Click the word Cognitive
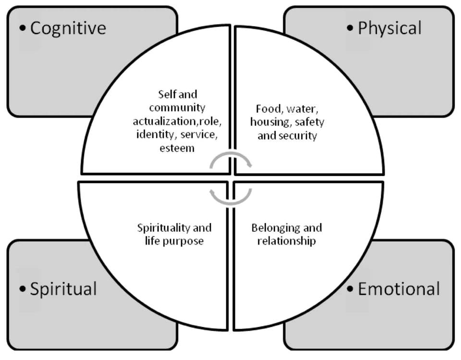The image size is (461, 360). coord(68,29)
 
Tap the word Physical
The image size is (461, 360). coord(389,29)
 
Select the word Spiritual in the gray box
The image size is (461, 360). coord(63,289)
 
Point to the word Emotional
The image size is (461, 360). coord(399,289)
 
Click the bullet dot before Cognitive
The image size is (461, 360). coord(23,28)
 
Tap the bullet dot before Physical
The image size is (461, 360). coord(350,28)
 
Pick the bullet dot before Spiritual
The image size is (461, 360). coord(23,289)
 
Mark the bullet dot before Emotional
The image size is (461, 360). coord(350,289)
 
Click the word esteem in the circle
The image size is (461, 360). coord(177,148)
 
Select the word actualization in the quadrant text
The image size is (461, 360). coord(165,121)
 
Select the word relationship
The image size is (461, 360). coord(287,241)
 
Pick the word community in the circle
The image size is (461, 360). coord(177,108)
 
